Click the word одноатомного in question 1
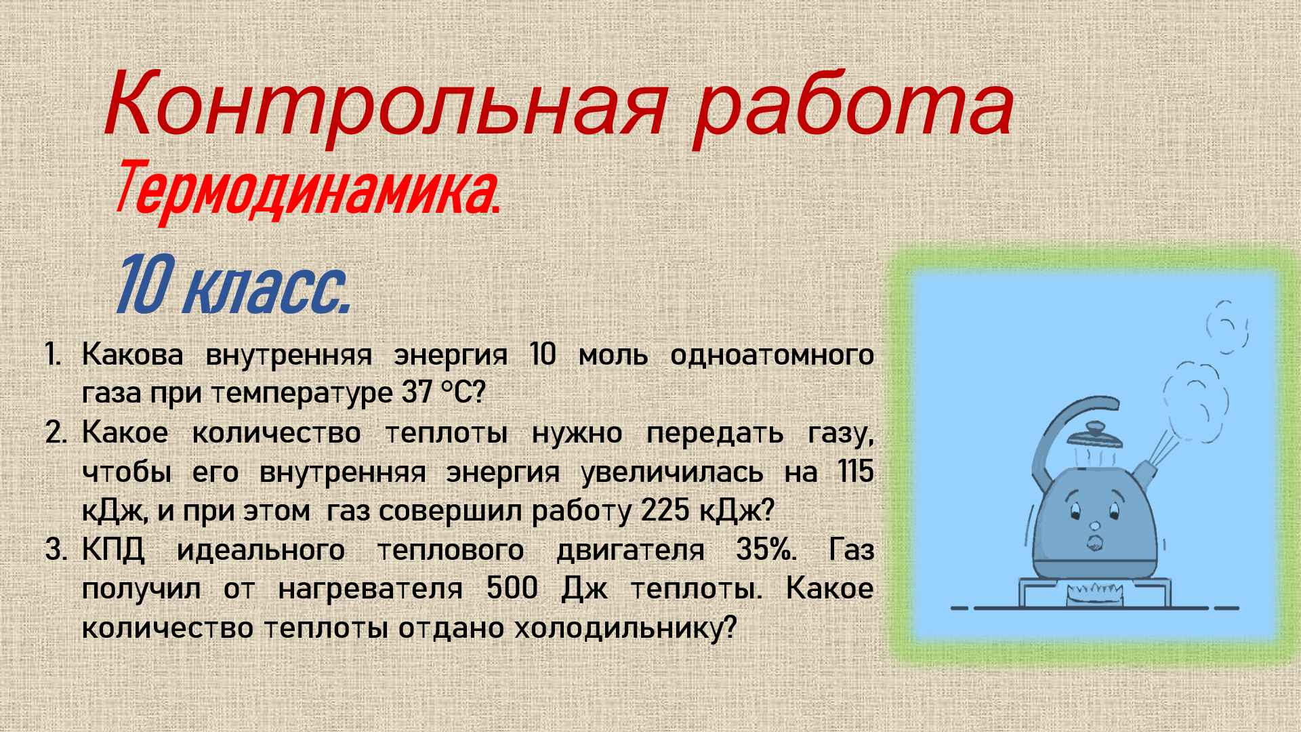[772, 355]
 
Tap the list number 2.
[56, 433]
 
